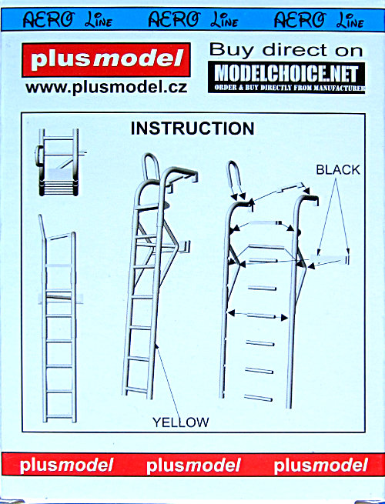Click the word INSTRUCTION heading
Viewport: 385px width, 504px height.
coord(192,129)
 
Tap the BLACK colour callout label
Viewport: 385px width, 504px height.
coord(338,170)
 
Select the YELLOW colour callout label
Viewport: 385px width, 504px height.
coord(180,422)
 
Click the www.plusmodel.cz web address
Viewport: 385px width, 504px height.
coord(106,88)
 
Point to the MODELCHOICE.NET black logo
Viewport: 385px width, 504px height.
coord(286,78)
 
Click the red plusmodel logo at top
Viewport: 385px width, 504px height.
coord(106,60)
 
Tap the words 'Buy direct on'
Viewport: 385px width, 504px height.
coord(286,51)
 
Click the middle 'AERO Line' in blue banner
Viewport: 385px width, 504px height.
coord(193,19)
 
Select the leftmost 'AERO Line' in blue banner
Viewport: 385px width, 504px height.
coord(68,19)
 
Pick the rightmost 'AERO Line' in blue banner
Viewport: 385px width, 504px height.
coord(319,19)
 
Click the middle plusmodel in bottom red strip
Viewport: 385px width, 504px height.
coord(193,466)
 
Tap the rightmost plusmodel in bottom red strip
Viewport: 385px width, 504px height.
coord(320,466)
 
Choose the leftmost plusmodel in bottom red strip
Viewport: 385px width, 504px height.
coord(66,466)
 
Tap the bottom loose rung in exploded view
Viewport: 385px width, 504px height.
coord(258,399)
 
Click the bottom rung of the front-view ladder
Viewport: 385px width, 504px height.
coord(59,417)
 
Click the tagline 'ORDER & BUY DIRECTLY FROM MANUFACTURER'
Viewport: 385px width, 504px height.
coord(290,88)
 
